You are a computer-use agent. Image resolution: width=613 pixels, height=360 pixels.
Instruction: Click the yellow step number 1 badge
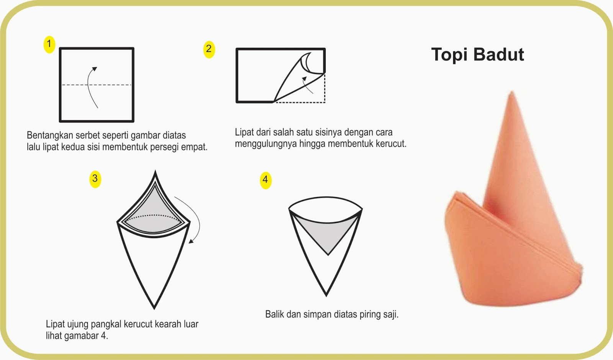point(49,44)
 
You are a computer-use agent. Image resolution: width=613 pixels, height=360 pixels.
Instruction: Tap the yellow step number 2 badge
point(209,49)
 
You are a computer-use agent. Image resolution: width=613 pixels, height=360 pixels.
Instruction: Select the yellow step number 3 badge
point(95,179)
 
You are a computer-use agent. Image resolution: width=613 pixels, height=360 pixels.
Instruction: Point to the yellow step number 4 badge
point(266,181)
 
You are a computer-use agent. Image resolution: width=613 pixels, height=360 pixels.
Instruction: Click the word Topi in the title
point(449,54)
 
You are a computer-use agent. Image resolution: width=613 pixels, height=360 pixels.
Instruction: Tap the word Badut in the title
point(498,54)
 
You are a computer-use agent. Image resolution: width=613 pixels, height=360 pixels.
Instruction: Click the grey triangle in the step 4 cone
point(327,235)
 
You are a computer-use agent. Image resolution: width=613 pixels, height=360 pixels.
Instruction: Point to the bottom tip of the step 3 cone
point(154,309)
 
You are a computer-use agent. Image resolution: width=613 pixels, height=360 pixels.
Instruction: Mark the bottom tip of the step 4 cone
point(326,296)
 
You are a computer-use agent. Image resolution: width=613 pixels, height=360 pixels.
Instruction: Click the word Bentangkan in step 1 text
point(50,135)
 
